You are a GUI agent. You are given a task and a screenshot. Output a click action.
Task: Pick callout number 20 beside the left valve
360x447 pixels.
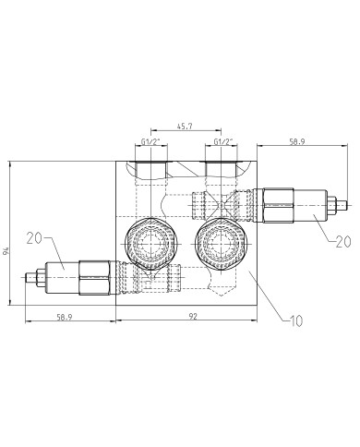36,238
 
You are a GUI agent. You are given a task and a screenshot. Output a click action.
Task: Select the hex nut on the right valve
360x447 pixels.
276,204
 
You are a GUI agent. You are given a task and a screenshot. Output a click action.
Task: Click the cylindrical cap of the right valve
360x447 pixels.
312,204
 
